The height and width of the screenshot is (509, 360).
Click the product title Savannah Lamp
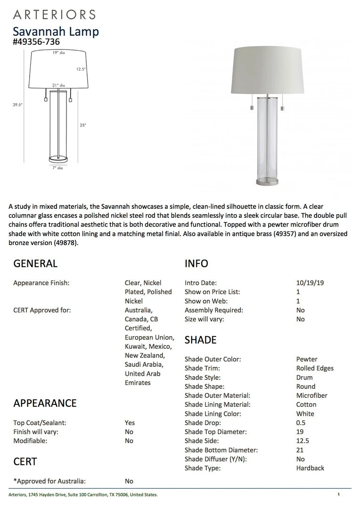pyautogui.click(x=56, y=32)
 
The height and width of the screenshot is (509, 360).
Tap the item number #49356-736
pyautogui.click(x=36, y=42)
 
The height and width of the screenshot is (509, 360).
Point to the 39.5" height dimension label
pyautogui.click(x=17, y=105)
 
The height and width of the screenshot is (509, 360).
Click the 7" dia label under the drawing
pyautogui.click(x=57, y=168)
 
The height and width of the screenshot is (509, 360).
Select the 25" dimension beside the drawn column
pyautogui.click(x=83, y=125)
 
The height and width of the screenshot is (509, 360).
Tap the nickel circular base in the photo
pyautogui.click(x=268, y=180)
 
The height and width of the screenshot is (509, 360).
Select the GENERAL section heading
pyautogui.click(x=35, y=263)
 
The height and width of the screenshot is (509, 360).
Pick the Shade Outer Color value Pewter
pyautogui.click(x=307, y=359)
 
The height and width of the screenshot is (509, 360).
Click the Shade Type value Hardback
pyautogui.click(x=310, y=468)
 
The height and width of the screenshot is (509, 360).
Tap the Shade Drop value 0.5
pyautogui.click(x=301, y=423)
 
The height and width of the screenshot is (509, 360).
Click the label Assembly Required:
pyautogui.click(x=214, y=310)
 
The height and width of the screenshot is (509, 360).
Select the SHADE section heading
pyautogui.click(x=200, y=340)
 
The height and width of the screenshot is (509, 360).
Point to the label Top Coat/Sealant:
pyautogui.click(x=40, y=423)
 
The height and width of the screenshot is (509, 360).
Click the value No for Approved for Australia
pyautogui.click(x=129, y=481)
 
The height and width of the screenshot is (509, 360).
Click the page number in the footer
pyautogui.click(x=339, y=494)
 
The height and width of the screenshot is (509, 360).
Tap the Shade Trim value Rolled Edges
pyautogui.click(x=315, y=368)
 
